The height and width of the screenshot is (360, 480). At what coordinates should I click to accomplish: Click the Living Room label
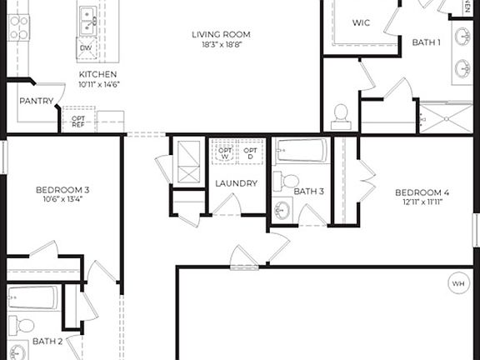[221, 34]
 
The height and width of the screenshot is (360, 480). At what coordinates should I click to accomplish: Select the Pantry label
[36, 102]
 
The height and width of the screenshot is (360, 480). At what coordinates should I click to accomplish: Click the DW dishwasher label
[85, 48]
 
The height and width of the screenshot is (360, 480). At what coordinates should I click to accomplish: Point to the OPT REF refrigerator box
[77, 119]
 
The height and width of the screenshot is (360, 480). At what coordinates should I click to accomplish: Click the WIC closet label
[361, 22]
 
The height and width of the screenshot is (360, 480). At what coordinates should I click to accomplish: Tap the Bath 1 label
[426, 42]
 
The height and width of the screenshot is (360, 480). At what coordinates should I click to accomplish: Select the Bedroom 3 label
[62, 190]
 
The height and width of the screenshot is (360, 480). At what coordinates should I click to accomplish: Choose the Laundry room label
[236, 183]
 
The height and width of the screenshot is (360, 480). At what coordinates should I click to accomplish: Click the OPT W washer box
[222, 152]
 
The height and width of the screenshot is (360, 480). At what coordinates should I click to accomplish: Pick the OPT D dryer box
[249, 152]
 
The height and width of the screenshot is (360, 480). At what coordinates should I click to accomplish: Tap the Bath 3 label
[308, 191]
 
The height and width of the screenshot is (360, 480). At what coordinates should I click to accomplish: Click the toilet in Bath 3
[287, 181]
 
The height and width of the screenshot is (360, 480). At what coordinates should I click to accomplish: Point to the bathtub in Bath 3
[302, 151]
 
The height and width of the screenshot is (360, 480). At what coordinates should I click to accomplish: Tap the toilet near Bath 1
[340, 114]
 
